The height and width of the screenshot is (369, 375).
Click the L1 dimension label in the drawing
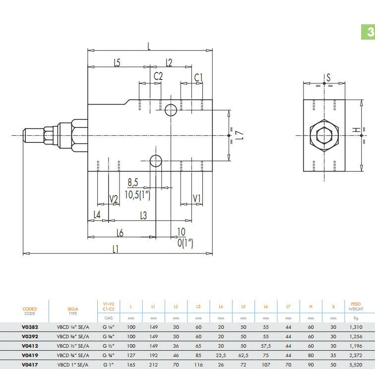(116, 249)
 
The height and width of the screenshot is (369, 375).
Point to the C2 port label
(158, 76)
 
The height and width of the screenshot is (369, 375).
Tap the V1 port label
(197, 198)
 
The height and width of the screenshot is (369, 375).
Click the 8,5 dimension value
(133, 183)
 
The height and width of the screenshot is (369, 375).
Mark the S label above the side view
(328, 77)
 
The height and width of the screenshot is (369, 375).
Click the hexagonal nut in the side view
(324, 135)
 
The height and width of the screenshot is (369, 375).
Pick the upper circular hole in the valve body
(171, 110)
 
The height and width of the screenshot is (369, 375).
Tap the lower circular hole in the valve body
(156, 161)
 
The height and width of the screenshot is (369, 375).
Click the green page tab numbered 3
(368, 32)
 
